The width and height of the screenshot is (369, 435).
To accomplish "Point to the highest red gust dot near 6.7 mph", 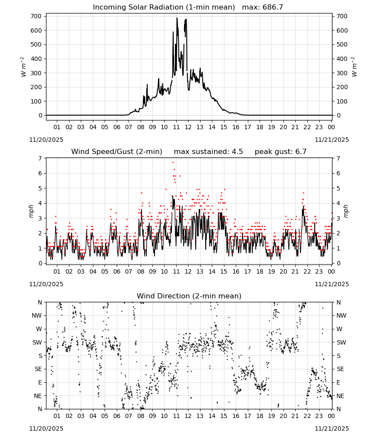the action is click(173, 162).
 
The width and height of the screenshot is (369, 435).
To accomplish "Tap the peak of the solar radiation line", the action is click(177, 18).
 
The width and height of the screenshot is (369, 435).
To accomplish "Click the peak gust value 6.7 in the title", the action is click(301, 152).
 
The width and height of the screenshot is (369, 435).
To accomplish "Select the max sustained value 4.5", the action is click(237, 152).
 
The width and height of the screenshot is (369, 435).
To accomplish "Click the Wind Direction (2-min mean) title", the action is click(189, 296).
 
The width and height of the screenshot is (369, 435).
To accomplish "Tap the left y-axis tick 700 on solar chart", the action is click(36, 16).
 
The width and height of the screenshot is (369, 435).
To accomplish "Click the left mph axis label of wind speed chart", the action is click(31, 211).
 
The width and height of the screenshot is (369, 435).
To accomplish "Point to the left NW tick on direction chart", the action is click(37, 315).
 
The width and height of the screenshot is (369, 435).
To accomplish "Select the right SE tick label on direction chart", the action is click(340, 369).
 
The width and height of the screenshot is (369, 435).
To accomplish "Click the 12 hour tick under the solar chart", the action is click(188, 127).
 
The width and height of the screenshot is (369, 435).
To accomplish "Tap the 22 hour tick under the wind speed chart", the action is click(307, 271).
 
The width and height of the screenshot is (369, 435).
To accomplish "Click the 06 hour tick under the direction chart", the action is click(117, 416).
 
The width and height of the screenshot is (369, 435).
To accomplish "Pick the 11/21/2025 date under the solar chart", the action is click(332, 140).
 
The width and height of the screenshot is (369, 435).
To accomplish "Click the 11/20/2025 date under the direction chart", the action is click(46, 428).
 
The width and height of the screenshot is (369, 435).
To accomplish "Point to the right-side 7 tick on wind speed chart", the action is click(338, 158).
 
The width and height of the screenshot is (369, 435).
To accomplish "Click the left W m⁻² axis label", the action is click(23, 67).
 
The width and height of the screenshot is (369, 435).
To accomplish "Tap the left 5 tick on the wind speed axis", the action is click(40, 188).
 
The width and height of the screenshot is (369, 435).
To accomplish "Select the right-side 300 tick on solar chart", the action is click(342, 73).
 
